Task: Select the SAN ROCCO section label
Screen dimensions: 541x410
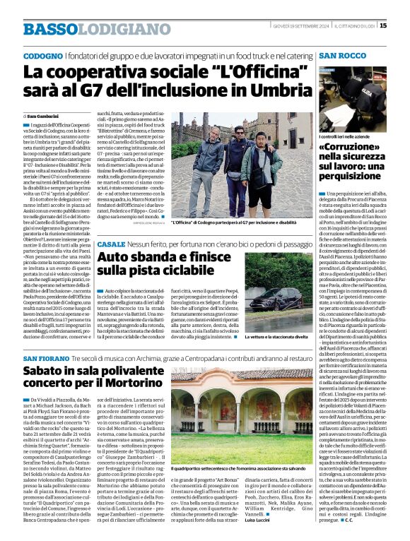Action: pos(342,55)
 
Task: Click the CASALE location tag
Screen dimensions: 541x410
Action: pos(111,244)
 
